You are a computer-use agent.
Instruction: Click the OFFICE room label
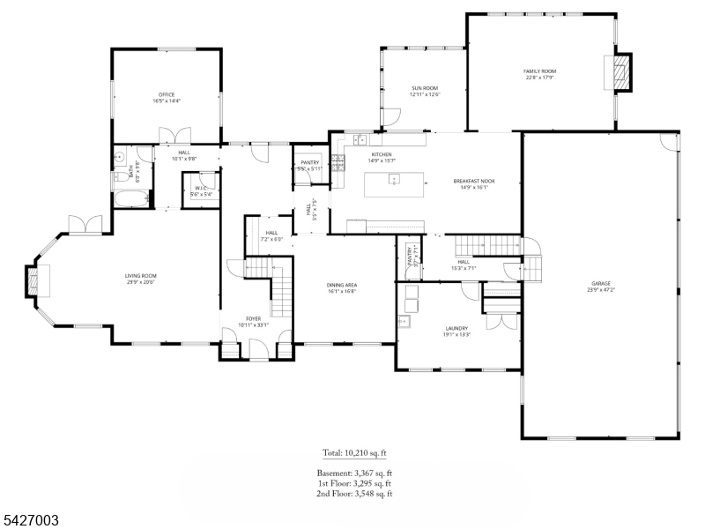click(x=166, y=94)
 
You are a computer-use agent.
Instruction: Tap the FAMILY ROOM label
click(x=539, y=71)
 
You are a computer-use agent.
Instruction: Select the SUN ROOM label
click(x=425, y=88)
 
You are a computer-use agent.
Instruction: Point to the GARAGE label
click(x=600, y=284)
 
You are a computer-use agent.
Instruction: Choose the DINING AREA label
click(x=341, y=285)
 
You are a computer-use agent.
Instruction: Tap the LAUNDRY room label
click(x=456, y=327)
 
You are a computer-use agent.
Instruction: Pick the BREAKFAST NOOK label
click(x=474, y=181)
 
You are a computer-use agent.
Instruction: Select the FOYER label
click(x=253, y=318)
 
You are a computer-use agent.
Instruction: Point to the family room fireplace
click(x=622, y=72)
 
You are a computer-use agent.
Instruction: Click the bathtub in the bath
click(x=130, y=199)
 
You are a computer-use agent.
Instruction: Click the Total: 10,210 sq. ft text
click(x=354, y=453)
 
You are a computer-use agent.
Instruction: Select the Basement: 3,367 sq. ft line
click(x=354, y=473)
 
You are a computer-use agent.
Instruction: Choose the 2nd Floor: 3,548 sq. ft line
click(x=354, y=494)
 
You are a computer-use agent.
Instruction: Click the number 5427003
click(x=31, y=521)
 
